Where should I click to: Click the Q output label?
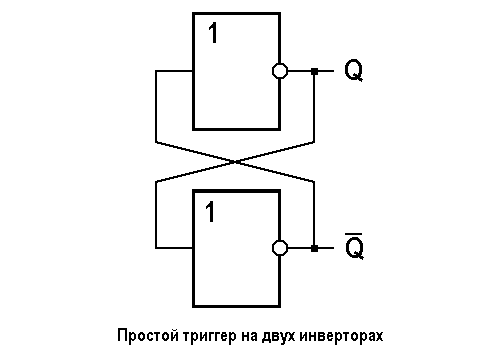click(353, 71)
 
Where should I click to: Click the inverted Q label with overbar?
click(353, 249)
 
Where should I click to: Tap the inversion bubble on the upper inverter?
click(280, 71)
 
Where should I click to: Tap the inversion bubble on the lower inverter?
click(280, 247)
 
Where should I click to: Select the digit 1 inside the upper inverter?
click(213, 35)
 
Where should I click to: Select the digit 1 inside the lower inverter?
click(211, 211)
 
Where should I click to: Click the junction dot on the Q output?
click(314, 71)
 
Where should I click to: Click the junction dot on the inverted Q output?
click(314, 247)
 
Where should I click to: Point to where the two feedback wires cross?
click(236, 160)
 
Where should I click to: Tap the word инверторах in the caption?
click(345, 333)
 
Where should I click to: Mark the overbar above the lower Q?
click(353, 235)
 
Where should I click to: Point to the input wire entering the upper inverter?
click(174, 71)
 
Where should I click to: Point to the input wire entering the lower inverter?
click(174, 247)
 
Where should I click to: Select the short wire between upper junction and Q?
click(326, 71)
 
